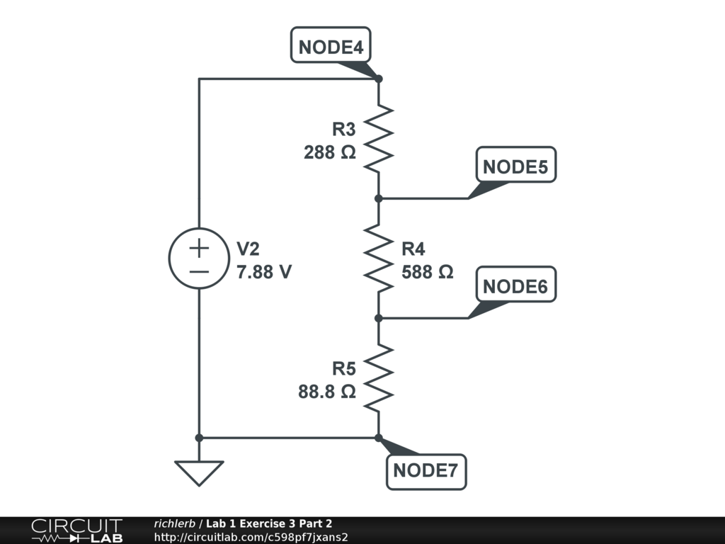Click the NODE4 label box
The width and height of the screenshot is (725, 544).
point(331,47)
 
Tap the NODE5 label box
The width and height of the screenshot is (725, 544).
point(515,166)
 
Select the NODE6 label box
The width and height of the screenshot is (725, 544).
point(515,286)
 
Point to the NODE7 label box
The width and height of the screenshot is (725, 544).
point(426,470)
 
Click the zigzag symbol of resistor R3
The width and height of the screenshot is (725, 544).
point(379,138)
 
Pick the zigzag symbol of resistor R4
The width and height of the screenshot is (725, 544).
point(379,259)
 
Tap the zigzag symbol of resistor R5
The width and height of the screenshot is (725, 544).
point(379,378)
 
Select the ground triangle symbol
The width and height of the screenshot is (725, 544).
point(199,472)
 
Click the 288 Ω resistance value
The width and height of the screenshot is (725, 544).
point(330,152)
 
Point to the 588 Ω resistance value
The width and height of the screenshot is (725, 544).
point(427,271)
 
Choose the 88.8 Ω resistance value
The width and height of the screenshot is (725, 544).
point(326,391)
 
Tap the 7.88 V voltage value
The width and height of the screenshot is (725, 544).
point(264,271)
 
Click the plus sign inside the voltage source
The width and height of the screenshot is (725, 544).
point(199,248)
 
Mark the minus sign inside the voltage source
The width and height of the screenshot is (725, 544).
point(199,271)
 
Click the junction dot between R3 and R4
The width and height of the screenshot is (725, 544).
point(379,198)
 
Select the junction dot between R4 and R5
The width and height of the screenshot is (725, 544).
point(379,318)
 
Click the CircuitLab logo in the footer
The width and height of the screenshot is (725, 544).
point(76,530)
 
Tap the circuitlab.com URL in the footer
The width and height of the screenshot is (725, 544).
point(251,538)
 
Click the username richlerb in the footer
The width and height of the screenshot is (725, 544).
point(176,524)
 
